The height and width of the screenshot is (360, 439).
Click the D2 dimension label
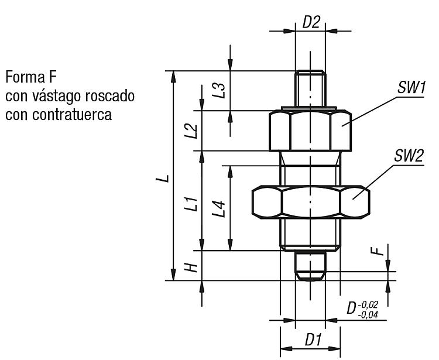pyautogui.click(x=311, y=22)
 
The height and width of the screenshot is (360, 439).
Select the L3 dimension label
pyautogui.click(x=218, y=90)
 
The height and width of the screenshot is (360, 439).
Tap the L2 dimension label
pyautogui.click(x=191, y=131)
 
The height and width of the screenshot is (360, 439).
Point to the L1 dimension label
pyautogui.click(x=191, y=204)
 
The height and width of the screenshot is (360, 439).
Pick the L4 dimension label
pyautogui.click(x=218, y=209)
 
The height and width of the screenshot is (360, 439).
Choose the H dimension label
pyautogui.click(x=191, y=268)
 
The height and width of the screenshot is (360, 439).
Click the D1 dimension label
pyautogui.click(x=313, y=340)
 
